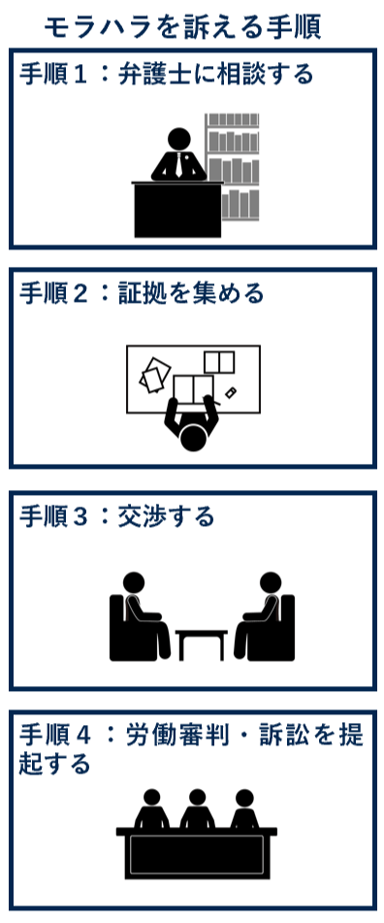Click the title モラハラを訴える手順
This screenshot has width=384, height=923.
tap(182, 26)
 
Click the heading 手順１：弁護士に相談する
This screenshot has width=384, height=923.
tap(167, 74)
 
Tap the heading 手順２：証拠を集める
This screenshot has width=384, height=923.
tap(142, 293)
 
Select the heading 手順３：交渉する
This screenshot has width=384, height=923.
tap(117, 516)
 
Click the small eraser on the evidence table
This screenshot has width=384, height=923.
tap(231, 392)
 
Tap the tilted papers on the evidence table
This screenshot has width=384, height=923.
tap(154, 375)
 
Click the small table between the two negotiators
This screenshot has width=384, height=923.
tap(202, 641)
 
